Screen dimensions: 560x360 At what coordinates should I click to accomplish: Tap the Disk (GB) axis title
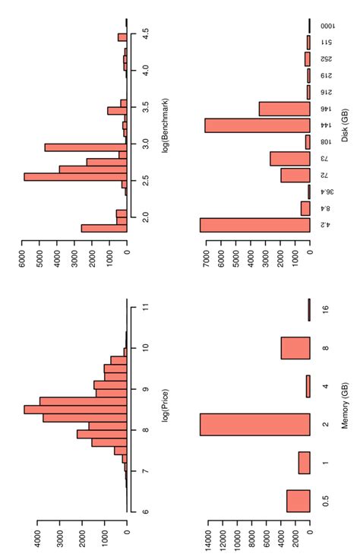coord(346,126)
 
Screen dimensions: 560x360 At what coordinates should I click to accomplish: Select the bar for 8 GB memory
coord(295,348)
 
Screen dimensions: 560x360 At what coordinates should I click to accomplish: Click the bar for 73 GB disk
coord(289,158)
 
